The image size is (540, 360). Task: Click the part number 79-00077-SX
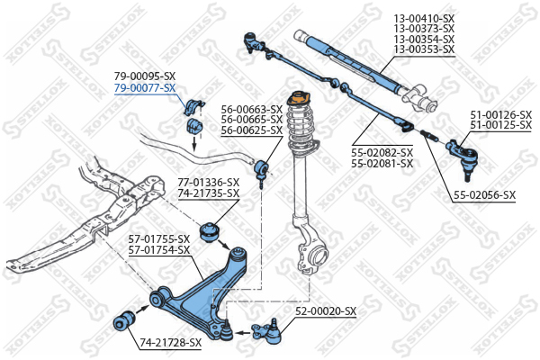pos(144,88)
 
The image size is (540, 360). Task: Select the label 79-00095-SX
pos(144,77)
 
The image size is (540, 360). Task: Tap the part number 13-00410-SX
pos(424,18)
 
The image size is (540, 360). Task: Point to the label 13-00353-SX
pos(424,50)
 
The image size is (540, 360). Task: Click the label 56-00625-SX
pos(251,131)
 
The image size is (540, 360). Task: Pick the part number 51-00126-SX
pos(500,114)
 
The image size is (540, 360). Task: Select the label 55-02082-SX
pos(382,153)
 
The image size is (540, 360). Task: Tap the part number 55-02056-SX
pos(484,195)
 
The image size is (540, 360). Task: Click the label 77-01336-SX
pos(208,183)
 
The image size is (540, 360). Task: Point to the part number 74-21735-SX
pos(208,193)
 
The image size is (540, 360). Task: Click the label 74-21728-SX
pos(170,343)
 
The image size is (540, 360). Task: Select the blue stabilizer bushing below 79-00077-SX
pos(193,127)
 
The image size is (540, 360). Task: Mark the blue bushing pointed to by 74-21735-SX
pos(212,231)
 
